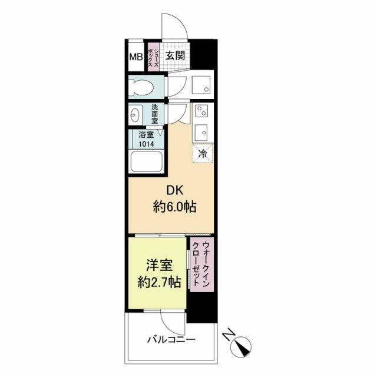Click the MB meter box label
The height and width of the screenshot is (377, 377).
click(136, 57)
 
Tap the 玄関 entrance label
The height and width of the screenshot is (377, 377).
click(176, 56)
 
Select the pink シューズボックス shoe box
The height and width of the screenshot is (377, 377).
click(153, 57)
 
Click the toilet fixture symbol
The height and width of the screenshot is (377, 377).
click(141, 87)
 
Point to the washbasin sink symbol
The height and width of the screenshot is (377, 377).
click(135, 114)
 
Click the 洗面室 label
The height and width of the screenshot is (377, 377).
click(154, 114)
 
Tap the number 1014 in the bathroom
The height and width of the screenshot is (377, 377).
click(147, 144)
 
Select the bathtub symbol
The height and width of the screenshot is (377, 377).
click(146, 161)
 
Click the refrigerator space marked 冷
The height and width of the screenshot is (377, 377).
click(203, 154)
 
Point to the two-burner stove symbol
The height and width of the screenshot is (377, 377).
click(201, 111)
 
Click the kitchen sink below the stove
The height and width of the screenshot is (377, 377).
click(201, 133)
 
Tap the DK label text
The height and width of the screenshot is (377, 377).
click(175, 191)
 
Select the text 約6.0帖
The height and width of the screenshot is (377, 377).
click(175, 207)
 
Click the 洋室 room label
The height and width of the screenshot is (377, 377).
click(159, 266)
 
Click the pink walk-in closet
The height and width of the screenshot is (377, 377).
click(201, 264)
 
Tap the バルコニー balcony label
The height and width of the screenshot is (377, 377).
click(171, 340)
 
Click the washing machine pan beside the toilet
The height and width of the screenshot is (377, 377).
click(201, 85)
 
